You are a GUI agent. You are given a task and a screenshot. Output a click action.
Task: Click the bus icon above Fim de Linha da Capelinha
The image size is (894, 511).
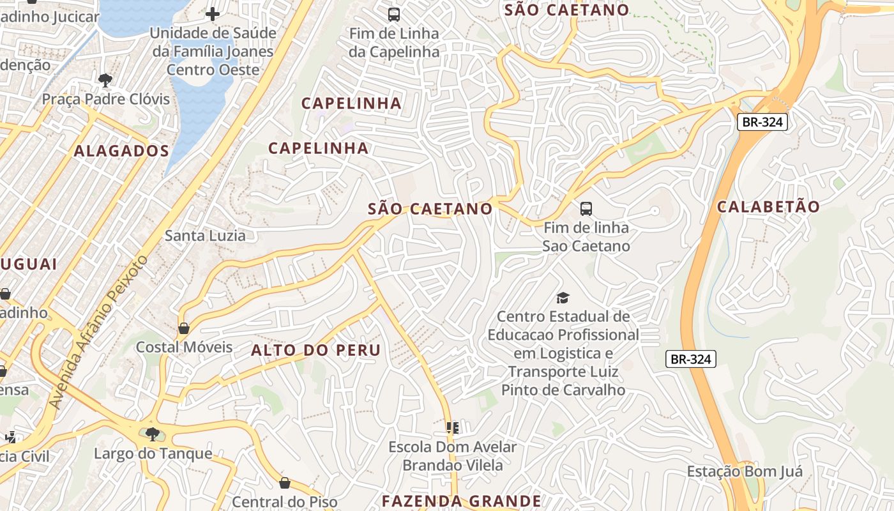(394, 14)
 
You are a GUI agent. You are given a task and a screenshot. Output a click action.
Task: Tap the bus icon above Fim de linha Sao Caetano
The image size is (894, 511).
(586, 208)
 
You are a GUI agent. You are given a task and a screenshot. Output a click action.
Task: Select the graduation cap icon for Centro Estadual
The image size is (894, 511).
(563, 297)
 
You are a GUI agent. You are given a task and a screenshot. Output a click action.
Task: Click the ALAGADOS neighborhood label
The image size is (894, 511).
(121, 151)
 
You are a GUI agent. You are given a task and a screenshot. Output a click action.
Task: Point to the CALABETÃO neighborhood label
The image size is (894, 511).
(768, 207)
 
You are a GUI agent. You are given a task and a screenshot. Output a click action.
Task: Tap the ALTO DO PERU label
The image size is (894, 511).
(315, 350)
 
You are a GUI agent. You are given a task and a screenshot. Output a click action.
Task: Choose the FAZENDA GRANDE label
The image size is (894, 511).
(461, 501)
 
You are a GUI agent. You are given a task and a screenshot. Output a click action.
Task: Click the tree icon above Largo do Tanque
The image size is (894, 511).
(152, 434)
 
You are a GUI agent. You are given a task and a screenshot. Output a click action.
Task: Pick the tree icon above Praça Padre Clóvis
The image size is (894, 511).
(105, 80)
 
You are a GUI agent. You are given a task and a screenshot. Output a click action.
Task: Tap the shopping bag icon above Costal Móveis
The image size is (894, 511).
(184, 328)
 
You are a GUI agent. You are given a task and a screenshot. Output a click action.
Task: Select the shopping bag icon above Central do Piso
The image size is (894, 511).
(285, 483)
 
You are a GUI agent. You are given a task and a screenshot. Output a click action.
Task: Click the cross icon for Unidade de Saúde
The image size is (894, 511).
(213, 13)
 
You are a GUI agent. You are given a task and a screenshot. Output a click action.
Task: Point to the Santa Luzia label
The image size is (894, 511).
(205, 236)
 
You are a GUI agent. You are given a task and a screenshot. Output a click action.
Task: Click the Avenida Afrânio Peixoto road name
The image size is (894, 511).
(98, 332)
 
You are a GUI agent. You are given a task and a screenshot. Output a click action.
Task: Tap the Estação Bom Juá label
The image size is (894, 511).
(745, 472)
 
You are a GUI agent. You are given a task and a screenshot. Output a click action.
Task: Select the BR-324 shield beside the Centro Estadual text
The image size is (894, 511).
(690, 359)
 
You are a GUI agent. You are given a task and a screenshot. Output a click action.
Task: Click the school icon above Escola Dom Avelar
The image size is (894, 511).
(453, 427)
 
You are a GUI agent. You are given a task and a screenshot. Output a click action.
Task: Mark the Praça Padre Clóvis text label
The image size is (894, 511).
(106, 99)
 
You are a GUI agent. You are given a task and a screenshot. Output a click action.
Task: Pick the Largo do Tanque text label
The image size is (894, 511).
(153, 454)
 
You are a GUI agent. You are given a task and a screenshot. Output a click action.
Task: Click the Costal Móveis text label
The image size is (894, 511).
(184, 347)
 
